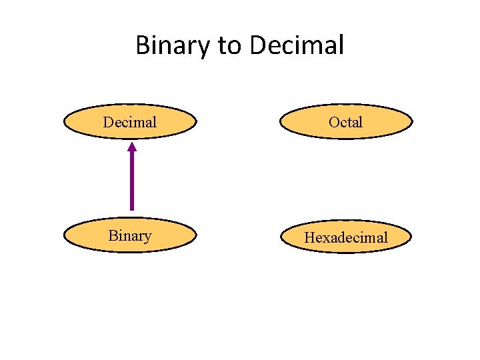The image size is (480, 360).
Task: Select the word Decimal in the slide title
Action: pyautogui.click(x=297, y=45)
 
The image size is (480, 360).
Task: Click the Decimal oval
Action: pyautogui.click(x=130, y=121)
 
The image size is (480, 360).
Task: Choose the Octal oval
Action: pyautogui.click(x=346, y=121)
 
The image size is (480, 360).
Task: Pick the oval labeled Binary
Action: pyautogui.click(x=130, y=235)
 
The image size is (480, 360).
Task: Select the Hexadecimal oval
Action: pyautogui.click(x=346, y=237)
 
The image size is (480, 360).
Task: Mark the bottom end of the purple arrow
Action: pyautogui.click(x=132, y=209)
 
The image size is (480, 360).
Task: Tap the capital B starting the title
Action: pyautogui.click(x=143, y=45)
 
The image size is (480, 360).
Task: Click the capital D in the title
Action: pyautogui.click(x=259, y=45)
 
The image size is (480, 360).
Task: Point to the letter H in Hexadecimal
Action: pyautogui.click(x=309, y=237)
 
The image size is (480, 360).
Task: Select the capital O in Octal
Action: pyautogui.click(x=334, y=122)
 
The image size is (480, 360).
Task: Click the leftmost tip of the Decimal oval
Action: pyautogui.click(x=64, y=121)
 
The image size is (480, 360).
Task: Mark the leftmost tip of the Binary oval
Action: pyautogui.click(x=64, y=235)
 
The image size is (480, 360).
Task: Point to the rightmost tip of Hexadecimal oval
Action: pyautogui.click(x=412, y=237)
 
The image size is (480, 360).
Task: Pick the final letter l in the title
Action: pyautogui.click(x=341, y=45)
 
